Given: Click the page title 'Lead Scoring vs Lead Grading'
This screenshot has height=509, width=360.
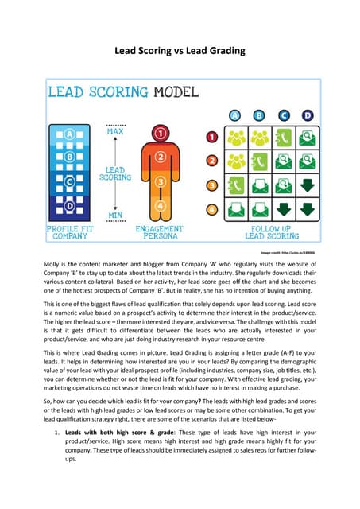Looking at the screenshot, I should [x=180, y=51].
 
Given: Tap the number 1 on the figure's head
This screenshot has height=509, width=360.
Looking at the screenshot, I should [x=161, y=133].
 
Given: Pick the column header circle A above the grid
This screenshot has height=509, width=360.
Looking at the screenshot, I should [x=235, y=114].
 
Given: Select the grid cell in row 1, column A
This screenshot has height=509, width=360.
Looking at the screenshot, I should [x=235, y=137].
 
